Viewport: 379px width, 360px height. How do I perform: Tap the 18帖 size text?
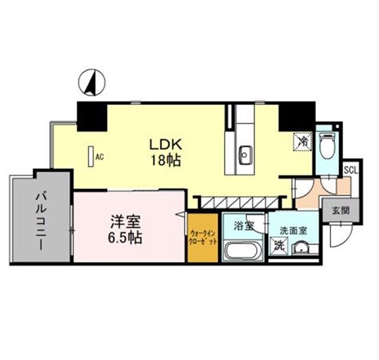(165, 160)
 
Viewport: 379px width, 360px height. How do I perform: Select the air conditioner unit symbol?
(91, 156)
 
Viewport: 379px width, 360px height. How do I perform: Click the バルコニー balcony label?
(41, 218)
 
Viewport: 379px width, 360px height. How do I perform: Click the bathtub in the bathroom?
(243, 251)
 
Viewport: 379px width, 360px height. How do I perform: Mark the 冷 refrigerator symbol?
(303, 142)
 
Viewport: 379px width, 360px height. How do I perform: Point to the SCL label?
(350, 169)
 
